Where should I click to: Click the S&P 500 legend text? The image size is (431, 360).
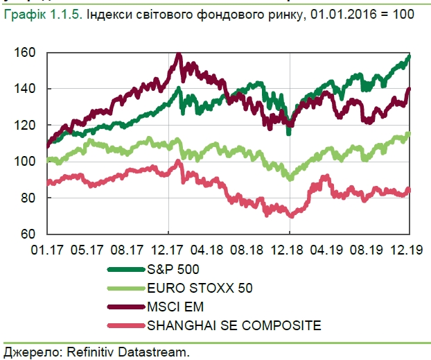pyautogui.click(x=170, y=268)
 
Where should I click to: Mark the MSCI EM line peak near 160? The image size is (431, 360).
pyautogui.click(x=179, y=55)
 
